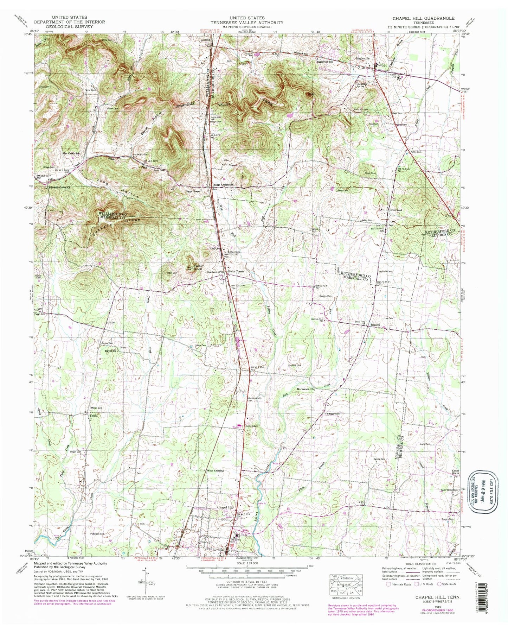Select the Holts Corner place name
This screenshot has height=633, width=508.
point(236,272)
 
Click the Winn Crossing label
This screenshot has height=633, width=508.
point(216,470)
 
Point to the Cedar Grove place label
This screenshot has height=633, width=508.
point(455,472)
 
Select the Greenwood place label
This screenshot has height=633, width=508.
point(395,210)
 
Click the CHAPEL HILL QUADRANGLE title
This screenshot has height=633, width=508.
point(424,18)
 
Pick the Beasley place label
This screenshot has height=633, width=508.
point(375,325)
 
